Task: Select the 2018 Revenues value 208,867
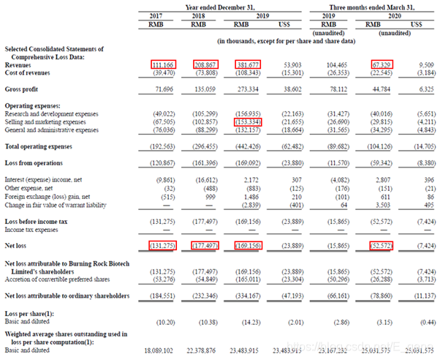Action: point(208,64)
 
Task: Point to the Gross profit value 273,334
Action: point(249,91)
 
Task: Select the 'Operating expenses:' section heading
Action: point(33,105)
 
